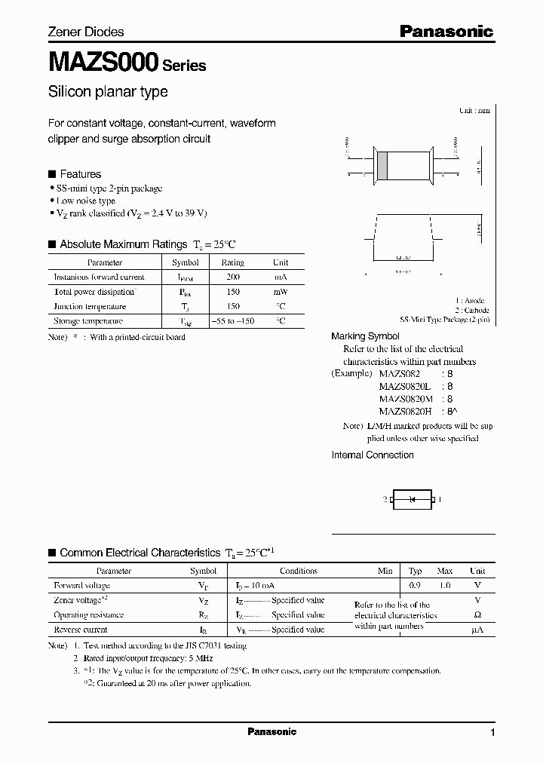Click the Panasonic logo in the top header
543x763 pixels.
[x=446, y=31]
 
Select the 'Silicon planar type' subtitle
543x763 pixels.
[x=108, y=91]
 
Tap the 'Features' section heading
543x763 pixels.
[x=80, y=174]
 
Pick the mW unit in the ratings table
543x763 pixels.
[x=281, y=292]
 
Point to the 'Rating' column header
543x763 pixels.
[x=232, y=263]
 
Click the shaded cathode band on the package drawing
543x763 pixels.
[x=383, y=165]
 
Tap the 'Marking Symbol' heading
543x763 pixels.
[x=366, y=336]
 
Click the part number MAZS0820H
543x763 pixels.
[x=405, y=411]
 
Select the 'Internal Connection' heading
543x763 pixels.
[x=373, y=455]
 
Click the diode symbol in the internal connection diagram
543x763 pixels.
[x=412, y=499]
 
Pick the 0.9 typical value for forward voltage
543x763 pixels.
[x=415, y=586]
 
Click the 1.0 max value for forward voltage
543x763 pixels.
[x=445, y=586]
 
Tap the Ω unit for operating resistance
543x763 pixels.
[x=477, y=614]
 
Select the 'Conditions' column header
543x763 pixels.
[x=299, y=571]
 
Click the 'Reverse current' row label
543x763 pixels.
[x=81, y=630]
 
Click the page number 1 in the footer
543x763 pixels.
[x=492, y=733]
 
